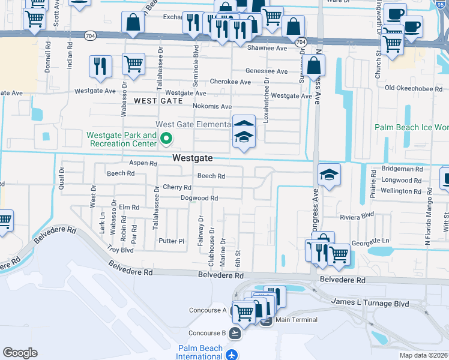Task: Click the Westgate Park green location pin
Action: click(x=167, y=140)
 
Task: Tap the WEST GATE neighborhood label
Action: click(x=158, y=101)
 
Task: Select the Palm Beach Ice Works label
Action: click(x=412, y=127)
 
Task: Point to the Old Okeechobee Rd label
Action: click(x=414, y=88)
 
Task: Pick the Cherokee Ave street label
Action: click(x=230, y=82)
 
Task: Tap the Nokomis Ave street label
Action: click(x=212, y=106)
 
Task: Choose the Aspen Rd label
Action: click(x=143, y=163)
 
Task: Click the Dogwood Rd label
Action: click(x=200, y=198)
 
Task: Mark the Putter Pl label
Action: click(x=172, y=241)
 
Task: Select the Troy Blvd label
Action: click(x=120, y=249)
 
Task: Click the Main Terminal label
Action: click(x=296, y=320)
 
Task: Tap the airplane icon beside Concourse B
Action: click(x=234, y=333)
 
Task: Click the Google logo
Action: click(x=20, y=352)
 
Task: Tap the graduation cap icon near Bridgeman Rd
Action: click(x=329, y=175)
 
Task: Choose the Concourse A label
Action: click(x=207, y=310)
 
